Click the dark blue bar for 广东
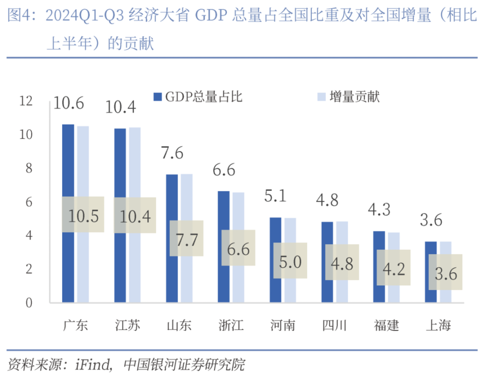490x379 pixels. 68,162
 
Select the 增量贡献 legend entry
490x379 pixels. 348,97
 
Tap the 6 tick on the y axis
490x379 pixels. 28,202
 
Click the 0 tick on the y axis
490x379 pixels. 28,303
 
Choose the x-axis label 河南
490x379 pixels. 283,325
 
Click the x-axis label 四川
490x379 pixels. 335,325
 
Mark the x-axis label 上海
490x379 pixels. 438,325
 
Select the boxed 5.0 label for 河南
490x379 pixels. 290,261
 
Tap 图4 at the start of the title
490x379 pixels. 18,17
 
